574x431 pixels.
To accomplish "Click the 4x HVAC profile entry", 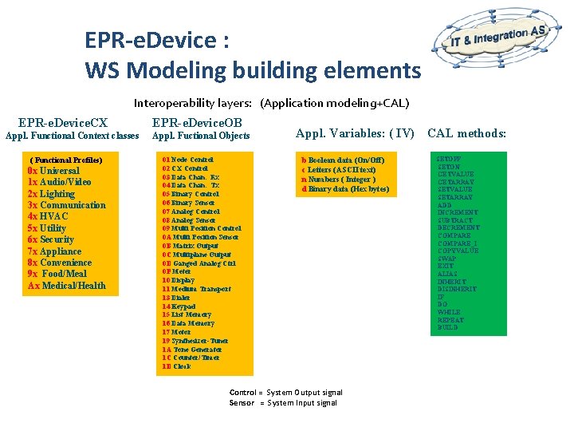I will tap(48, 216).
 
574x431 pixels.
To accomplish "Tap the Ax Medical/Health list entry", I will tap(66, 286).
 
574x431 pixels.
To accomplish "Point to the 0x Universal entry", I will tap(53, 171).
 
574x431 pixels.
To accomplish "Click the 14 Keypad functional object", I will tap(179, 306).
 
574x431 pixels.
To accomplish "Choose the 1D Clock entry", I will tap(176, 367).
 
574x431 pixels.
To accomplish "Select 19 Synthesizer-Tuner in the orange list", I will tap(195, 341).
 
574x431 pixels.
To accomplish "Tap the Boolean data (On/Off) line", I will tap(343, 160).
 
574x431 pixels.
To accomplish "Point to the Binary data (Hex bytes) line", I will tap(345, 189).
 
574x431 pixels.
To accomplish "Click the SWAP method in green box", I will tap(446, 259).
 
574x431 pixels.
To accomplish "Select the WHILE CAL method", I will tap(448, 312).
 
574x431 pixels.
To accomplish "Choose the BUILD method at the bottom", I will tap(447, 327).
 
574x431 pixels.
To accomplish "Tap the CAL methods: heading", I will tap(467, 133).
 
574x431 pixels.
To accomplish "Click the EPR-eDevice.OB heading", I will tap(197, 123).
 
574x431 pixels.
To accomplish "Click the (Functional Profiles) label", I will tap(66, 160).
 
